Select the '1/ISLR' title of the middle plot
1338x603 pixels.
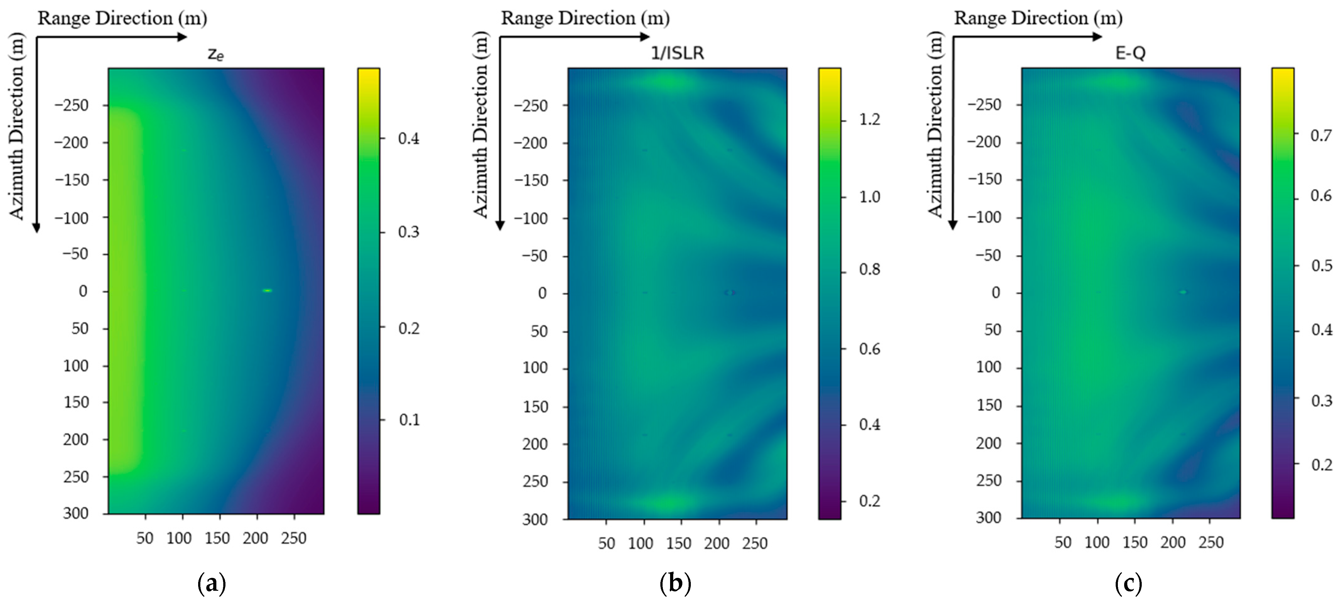point(677,53)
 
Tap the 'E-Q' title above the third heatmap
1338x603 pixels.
point(1130,53)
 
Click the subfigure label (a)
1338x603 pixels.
point(212,584)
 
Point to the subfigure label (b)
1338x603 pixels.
point(675,584)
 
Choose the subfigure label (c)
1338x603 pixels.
point(1128,584)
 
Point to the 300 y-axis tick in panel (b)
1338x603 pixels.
point(535,519)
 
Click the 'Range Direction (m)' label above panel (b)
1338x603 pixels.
point(585,18)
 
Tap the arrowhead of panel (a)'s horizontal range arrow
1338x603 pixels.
point(182,37)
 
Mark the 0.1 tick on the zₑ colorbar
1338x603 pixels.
point(409,420)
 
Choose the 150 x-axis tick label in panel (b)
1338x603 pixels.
point(678,543)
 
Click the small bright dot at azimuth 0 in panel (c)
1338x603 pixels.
point(1183,292)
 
